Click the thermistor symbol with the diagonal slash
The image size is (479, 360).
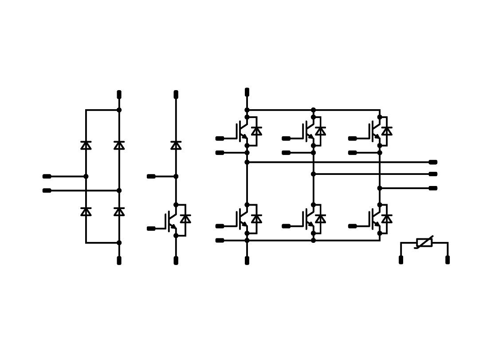pyautogui.click(x=424, y=242)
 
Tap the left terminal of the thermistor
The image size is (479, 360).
pyautogui.click(x=401, y=260)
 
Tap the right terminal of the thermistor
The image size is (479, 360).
pyautogui.click(x=448, y=260)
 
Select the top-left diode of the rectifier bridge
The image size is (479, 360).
pyautogui.click(x=86, y=145)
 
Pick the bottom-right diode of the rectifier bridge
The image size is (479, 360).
pyautogui.click(x=119, y=212)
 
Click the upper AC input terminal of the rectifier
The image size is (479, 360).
pyautogui.click(x=47, y=176)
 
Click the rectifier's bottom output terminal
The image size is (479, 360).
pyautogui.click(x=119, y=261)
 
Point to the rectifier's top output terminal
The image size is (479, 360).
pyautogui.click(x=119, y=95)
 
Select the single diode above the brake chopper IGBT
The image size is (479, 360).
pyautogui.click(x=176, y=145)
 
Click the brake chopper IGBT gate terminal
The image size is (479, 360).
pyautogui.click(x=151, y=229)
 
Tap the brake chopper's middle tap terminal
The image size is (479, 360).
pyautogui.click(x=151, y=176)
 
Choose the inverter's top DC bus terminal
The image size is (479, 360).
pyautogui.click(x=247, y=92)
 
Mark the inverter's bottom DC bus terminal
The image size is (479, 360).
pyautogui.click(x=247, y=261)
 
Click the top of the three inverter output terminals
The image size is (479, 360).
pyautogui.click(x=433, y=162)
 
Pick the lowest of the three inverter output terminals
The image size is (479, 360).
pyautogui.click(x=433, y=188)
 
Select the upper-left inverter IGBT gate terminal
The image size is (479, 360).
pyautogui.click(x=220, y=138)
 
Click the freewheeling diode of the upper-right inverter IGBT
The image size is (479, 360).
pyautogui.click(x=387, y=131)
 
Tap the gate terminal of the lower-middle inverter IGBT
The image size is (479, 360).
pyautogui.click(x=286, y=226)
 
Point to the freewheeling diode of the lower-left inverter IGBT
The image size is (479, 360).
pyautogui.click(x=256, y=219)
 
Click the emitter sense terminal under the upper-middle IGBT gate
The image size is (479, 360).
pyautogui.click(x=286, y=153)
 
